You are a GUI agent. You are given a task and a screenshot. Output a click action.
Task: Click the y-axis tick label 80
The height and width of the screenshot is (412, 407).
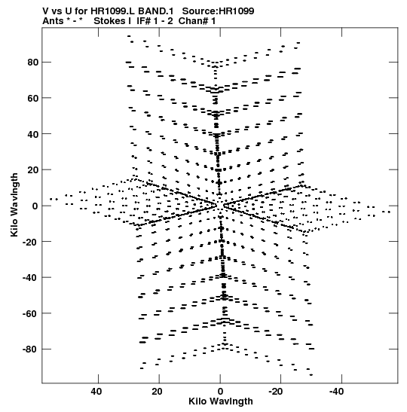32,63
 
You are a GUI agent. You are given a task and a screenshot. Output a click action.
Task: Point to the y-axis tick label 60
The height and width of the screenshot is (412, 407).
32,98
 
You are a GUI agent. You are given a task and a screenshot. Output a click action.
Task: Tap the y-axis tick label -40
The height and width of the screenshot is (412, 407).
30,277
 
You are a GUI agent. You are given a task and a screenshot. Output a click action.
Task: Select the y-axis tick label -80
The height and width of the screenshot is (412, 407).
30,349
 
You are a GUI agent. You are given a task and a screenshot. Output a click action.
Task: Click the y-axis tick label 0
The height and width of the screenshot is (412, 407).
35,206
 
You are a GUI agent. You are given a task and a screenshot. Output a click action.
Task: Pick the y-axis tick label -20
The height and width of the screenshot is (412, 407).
30,242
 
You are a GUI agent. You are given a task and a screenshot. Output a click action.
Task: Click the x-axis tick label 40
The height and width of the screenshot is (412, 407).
96,392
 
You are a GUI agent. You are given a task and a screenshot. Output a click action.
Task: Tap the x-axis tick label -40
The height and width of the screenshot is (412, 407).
337,392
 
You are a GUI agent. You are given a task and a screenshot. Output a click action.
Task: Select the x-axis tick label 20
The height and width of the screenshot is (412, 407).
157,392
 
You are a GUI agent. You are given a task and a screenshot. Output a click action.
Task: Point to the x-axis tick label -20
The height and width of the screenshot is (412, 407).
276,392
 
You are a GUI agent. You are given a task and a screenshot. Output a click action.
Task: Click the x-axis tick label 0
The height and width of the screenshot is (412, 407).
220,392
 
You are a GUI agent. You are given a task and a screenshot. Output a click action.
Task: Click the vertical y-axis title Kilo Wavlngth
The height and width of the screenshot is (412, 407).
14,205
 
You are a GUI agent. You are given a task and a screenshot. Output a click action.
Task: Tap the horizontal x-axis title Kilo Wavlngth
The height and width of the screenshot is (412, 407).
221,401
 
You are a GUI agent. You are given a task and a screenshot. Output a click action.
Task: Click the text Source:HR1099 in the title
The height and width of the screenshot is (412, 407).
219,11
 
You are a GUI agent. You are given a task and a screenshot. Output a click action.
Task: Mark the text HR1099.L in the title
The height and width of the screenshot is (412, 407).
113,11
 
